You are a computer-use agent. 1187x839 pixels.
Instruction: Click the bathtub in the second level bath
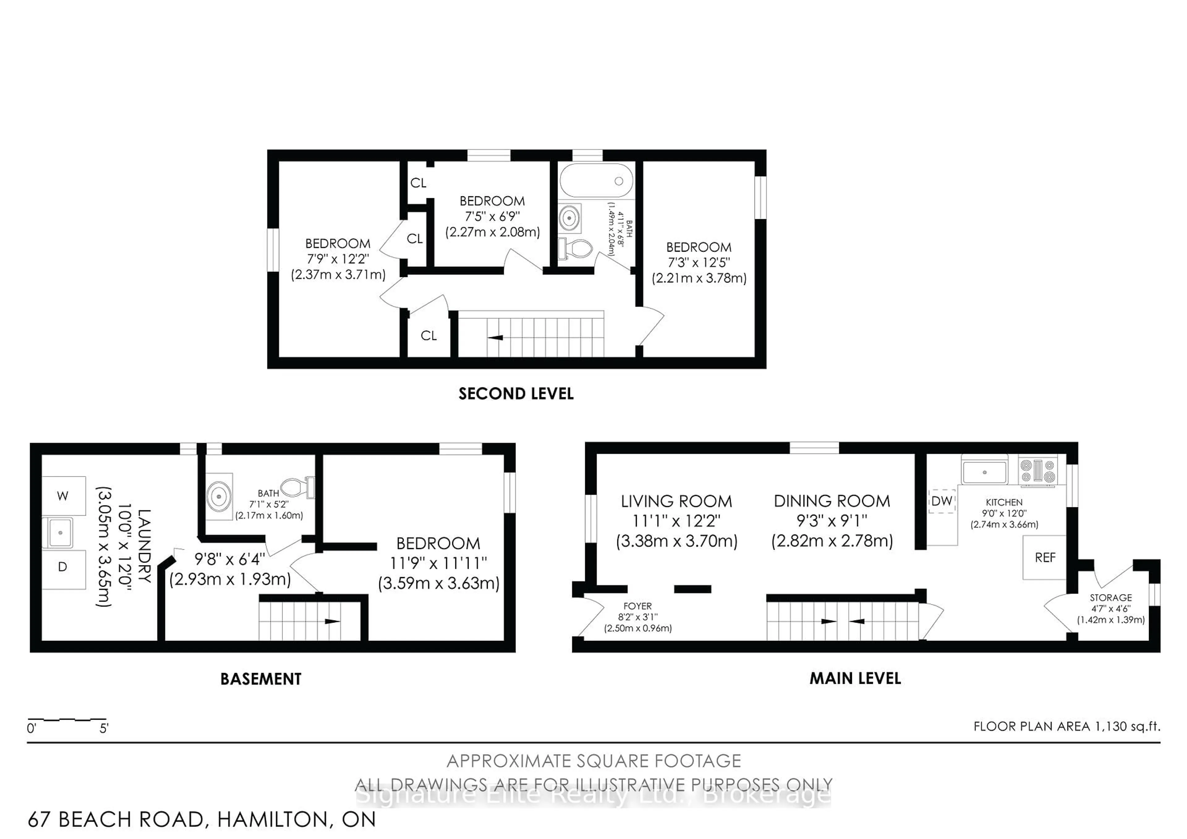pyautogui.click(x=596, y=181)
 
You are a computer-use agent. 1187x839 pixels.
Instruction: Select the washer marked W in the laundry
pyautogui.click(x=63, y=496)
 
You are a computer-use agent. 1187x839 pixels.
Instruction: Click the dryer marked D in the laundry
pyautogui.click(x=63, y=567)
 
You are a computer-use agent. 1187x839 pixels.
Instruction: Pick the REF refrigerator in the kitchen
pyautogui.click(x=1045, y=558)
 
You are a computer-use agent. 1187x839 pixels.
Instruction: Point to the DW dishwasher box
pyautogui.click(x=942, y=501)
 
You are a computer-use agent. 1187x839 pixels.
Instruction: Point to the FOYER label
pyautogui.click(x=637, y=606)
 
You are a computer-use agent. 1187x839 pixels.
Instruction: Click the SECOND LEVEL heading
pyautogui.click(x=516, y=394)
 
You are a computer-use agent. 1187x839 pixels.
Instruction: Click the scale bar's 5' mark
pyautogui.click(x=104, y=728)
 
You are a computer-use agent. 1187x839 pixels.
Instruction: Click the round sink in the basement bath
pyautogui.click(x=219, y=496)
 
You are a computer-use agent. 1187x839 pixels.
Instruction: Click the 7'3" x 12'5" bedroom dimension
pyautogui.click(x=699, y=262)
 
